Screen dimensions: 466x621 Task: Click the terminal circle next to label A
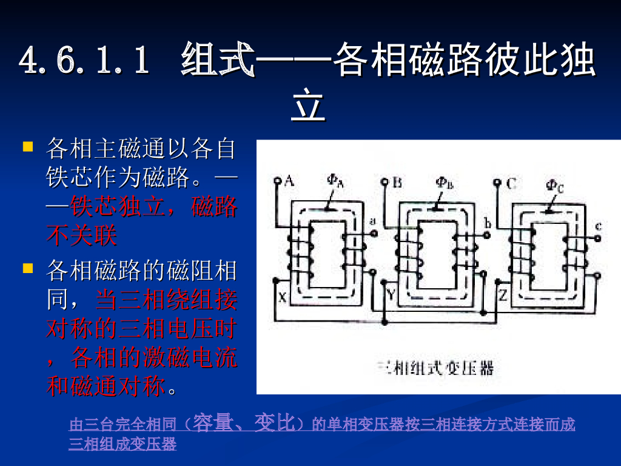click(277, 181)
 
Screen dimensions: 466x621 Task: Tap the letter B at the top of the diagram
click(397, 181)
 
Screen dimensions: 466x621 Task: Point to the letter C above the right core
click(511, 183)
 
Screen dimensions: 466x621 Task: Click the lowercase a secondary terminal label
click(371, 219)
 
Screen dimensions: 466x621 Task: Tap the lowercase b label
click(487, 224)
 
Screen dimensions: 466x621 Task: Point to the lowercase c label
click(598, 226)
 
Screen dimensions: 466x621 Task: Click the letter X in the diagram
click(282, 297)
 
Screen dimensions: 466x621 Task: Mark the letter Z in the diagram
click(503, 296)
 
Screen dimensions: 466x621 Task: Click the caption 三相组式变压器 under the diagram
click(435, 368)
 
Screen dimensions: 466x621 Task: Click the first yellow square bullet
click(27, 147)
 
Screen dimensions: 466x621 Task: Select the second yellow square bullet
click(27, 267)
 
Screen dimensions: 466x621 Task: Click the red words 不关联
click(81, 235)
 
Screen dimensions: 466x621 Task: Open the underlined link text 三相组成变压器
click(123, 444)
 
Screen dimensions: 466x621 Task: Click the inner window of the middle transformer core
click(437, 254)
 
